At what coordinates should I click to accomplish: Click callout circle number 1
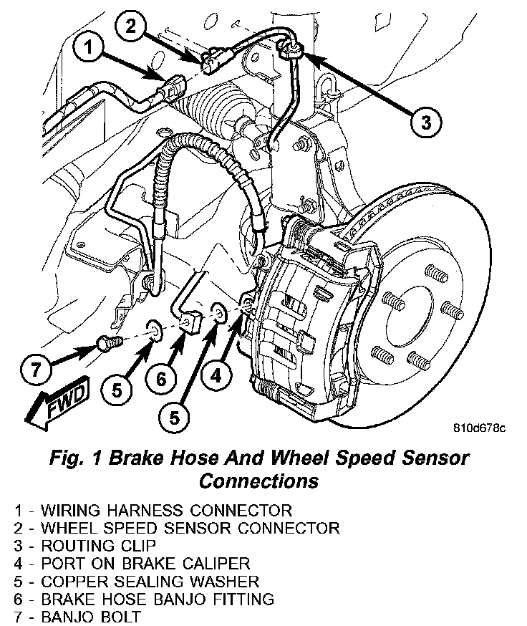click(x=88, y=47)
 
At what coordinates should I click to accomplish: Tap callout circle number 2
click(x=130, y=27)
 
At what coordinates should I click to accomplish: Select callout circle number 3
click(x=426, y=121)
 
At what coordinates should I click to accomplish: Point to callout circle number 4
click(x=216, y=375)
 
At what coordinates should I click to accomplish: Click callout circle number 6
click(x=161, y=377)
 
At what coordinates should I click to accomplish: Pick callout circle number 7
click(x=36, y=368)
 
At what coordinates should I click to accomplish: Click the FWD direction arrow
click(x=57, y=404)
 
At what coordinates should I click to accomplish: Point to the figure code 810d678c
click(x=479, y=428)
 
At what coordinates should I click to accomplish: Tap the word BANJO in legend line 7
click(x=68, y=617)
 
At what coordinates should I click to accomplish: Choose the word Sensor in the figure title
click(x=435, y=458)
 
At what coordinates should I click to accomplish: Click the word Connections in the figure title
click(x=258, y=481)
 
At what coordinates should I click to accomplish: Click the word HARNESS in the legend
click(x=146, y=510)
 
